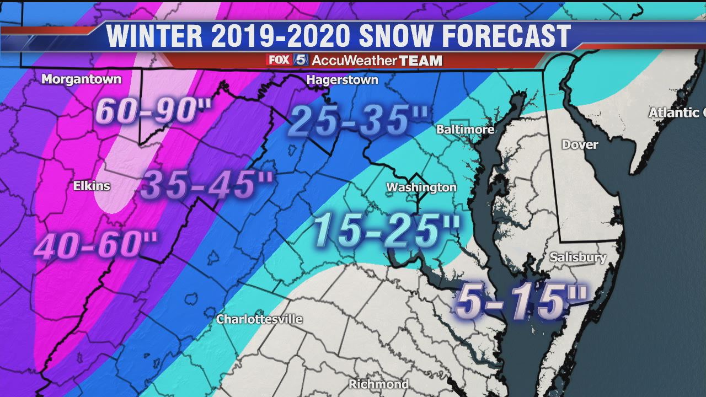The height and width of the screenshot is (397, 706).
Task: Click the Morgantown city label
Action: [x=81, y=79]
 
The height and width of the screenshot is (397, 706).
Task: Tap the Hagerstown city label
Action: [x=342, y=80]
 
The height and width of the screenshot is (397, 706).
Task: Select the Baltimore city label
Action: [x=465, y=130]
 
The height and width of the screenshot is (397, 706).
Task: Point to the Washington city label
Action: [x=421, y=187]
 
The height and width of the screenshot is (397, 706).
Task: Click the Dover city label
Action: [x=579, y=144]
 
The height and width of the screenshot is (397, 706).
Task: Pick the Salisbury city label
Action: [x=577, y=257]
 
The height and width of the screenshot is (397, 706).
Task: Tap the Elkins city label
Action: [x=92, y=186]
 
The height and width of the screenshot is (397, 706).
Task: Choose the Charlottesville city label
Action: [x=259, y=319]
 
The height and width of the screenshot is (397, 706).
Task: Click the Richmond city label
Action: [x=378, y=384]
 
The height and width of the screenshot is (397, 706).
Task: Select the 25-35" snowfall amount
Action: [x=359, y=121]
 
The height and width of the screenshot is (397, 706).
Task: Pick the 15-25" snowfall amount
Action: [x=387, y=231]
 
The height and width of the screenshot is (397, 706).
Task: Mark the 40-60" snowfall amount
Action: [x=97, y=245]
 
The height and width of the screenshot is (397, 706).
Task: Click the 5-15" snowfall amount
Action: [x=521, y=302]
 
